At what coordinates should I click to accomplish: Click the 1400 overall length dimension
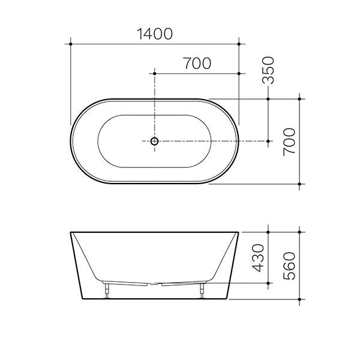point(154,34)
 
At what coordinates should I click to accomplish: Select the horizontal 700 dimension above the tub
point(197,64)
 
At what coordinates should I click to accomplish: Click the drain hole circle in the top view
point(154,141)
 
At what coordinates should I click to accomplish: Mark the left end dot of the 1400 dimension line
point(71,43)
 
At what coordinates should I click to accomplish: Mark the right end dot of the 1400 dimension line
point(239,43)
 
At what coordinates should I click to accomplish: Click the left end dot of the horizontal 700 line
point(154,73)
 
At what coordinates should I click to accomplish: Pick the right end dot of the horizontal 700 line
point(239,73)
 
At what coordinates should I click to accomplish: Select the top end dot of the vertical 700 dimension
point(299,99)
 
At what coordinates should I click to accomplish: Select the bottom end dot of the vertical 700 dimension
point(299,184)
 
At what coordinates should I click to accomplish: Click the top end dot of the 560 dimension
point(299,231)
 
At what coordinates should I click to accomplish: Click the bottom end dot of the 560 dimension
point(299,298)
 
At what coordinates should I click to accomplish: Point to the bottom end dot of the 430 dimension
point(268,283)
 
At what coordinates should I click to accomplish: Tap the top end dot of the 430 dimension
point(268,231)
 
